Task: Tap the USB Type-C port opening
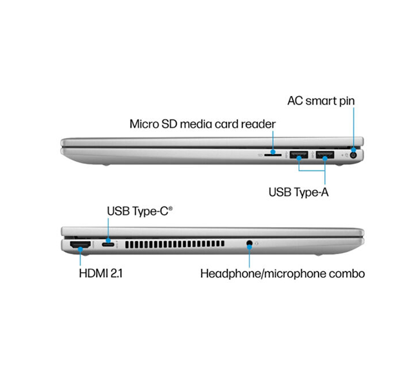click(109, 245)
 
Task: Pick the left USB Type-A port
click(298, 155)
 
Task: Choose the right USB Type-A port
click(324, 155)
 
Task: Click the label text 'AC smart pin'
click(321, 101)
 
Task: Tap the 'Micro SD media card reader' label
click(202, 124)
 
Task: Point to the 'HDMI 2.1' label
click(101, 273)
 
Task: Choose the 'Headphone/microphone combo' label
click(282, 273)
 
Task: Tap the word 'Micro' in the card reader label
click(145, 124)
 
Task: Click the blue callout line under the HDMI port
click(80, 258)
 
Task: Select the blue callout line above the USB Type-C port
click(109, 229)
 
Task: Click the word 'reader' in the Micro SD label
click(258, 124)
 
